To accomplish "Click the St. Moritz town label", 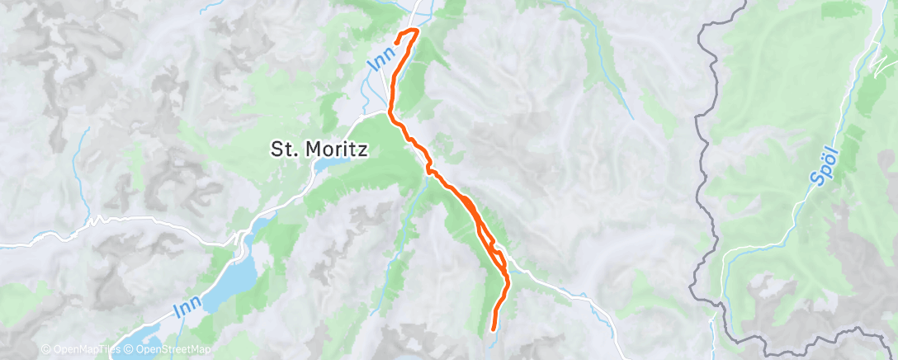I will (x=319, y=149).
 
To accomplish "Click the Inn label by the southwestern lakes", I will (x=187, y=308).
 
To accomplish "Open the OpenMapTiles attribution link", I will (x=79, y=350).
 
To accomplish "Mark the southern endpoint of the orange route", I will (x=494, y=329).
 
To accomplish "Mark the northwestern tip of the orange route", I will (x=397, y=41).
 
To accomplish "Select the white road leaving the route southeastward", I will (x=561, y=289).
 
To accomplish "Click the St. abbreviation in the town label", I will (x=283, y=149).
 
